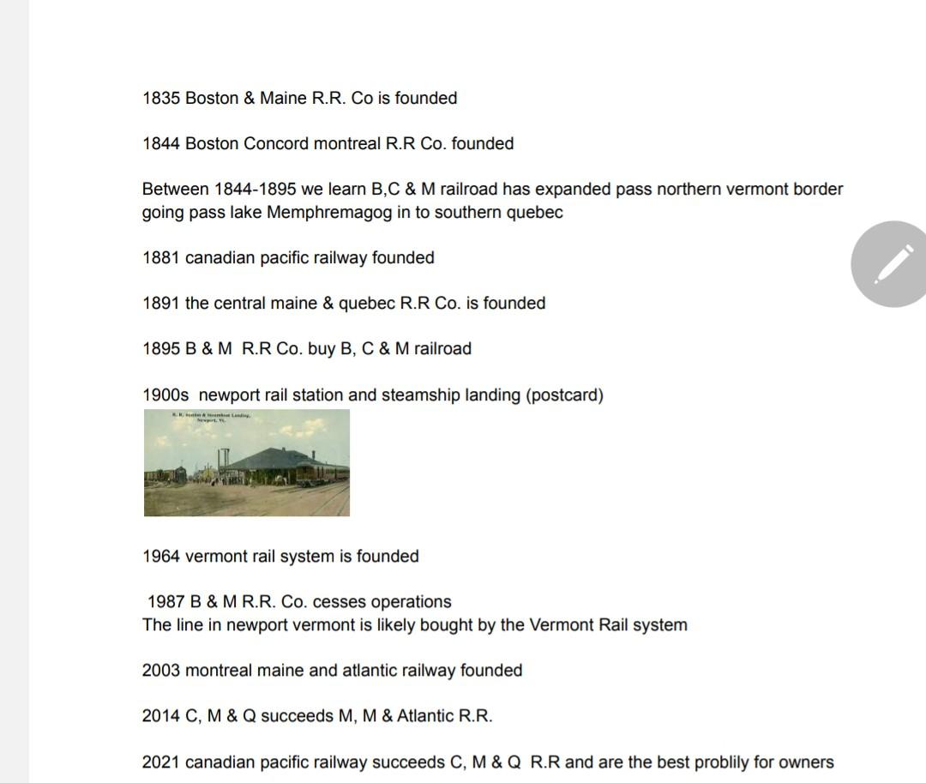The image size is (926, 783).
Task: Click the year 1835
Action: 161,99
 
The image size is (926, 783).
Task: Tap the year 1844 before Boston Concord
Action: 161,144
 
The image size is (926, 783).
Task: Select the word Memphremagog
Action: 329,213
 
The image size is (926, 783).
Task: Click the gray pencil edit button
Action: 893,263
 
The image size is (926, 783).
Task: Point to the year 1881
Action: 161,258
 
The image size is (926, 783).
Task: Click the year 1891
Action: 161,304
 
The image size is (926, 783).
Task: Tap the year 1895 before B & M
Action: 161,349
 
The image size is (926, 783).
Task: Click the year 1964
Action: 161,557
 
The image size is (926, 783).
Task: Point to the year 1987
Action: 165,602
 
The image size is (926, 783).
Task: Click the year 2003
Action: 161,671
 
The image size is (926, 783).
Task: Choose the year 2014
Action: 161,716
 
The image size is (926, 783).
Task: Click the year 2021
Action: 161,762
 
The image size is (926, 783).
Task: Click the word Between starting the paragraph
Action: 176,190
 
